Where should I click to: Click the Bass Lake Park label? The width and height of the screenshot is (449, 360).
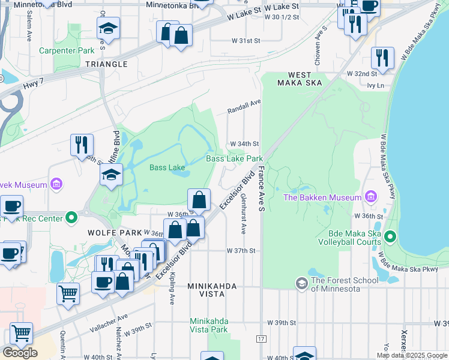coord(235,158)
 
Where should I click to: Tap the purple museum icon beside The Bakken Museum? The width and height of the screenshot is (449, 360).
coord(371,197)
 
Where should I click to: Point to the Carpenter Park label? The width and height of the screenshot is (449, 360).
coord(67,50)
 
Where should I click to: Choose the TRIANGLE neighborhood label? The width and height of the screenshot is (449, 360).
coord(106,64)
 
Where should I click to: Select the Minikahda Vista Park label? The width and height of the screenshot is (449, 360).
coord(209,325)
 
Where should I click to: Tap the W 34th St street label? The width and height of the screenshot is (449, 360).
coord(245,144)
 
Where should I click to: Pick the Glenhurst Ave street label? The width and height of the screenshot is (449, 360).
coord(243,213)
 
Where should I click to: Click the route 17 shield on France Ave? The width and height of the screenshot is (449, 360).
coord(261,339)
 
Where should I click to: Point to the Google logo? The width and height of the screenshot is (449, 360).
coord(20,353)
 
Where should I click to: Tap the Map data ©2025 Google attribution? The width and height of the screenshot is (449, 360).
coord(412,355)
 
